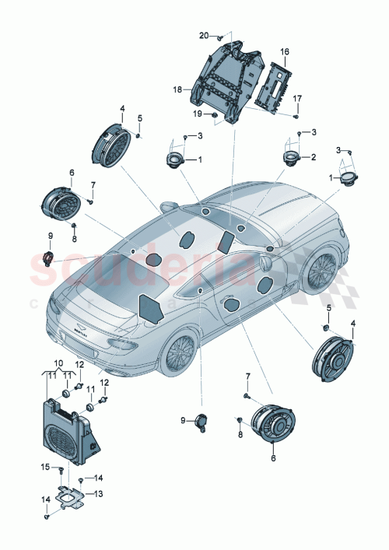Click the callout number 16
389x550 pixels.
(285, 51)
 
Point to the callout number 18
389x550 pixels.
(178, 90)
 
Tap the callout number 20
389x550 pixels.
(204, 36)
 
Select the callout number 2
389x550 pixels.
(314, 158)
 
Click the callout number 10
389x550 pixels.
(58, 364)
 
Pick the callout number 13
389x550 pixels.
(98, 493)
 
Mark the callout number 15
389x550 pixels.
(44, 467)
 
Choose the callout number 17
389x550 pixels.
(296, 98)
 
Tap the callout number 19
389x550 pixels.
(198, 114)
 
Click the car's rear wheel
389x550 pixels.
(180, 354)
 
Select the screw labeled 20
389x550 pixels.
(220, 37)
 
